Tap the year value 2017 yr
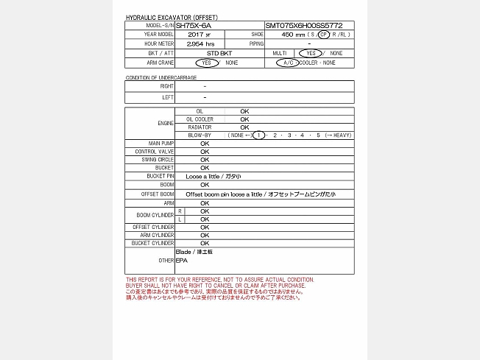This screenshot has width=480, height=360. (x=199, y=35)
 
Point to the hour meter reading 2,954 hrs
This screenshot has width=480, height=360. (x=200, y=44)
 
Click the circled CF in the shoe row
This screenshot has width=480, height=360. (x=324, y=35)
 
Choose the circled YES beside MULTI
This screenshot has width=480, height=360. (x=311, y=54)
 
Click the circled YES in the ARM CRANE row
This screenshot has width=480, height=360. (x=207, y=63)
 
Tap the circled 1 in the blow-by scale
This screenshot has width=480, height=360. (x=258, y=135)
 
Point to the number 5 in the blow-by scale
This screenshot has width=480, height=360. (x=318, y=135)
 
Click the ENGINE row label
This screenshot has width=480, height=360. (x=166, y=122)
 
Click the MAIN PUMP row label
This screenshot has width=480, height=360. (x=161, y=143)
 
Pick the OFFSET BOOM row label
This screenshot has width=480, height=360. (x=158, y=194)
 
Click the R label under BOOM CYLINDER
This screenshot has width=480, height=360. (x=180, y=211)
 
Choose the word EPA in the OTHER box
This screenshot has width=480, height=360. (x=182, y=261)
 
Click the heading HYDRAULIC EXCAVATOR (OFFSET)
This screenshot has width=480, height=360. (x=172, y=17)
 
